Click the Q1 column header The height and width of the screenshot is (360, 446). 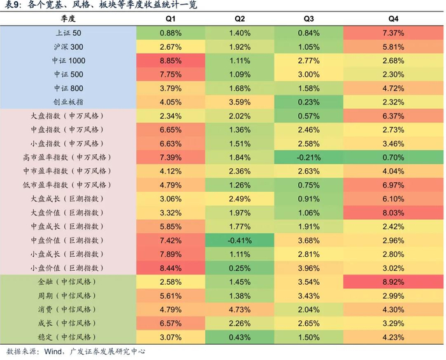tap(171, 18)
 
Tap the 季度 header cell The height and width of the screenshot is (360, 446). tap(68, 18)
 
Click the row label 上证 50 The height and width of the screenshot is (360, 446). tap(68, 32)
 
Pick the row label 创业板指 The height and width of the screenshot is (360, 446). tap(68, 101)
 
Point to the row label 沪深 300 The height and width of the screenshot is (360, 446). tap(68, 47)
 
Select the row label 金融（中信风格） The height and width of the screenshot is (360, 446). tap(68, 281)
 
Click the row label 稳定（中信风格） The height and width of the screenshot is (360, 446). tap(68, 336)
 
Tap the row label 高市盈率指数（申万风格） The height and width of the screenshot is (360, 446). tap(68, 157)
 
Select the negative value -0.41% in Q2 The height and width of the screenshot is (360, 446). tap(240, 240)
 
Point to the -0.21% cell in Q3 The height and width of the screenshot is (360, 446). tap(308, 157)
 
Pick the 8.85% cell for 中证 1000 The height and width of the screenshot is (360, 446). tap(171, 61)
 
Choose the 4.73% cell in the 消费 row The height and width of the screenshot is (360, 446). tap(240, 309)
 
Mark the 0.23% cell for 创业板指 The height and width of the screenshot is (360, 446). tap(308, 101)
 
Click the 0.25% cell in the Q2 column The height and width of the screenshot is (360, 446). tap(240, 268)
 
